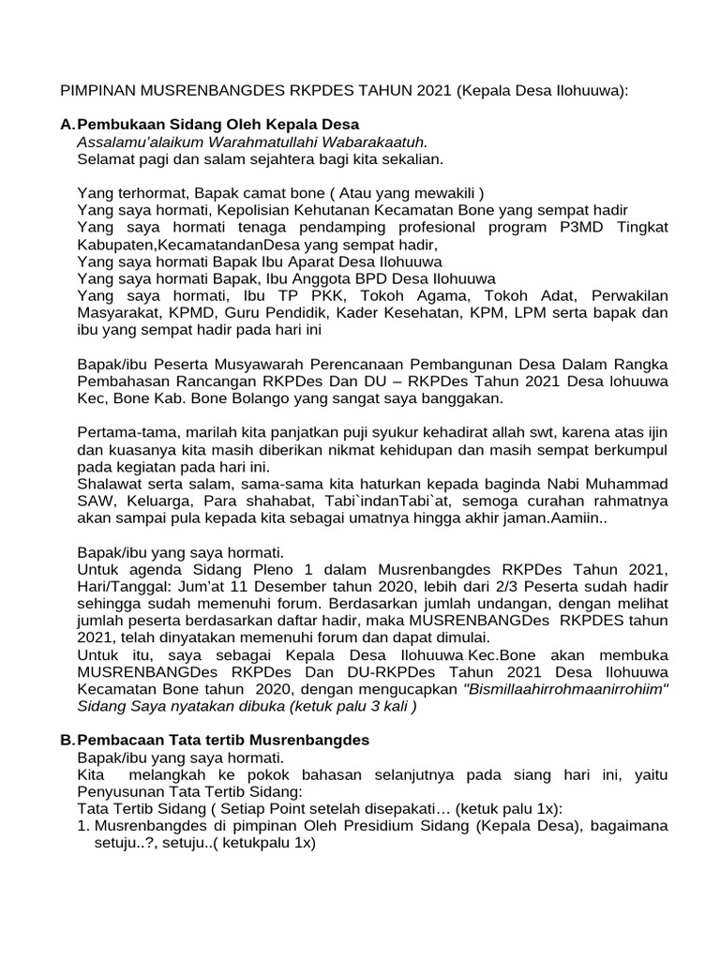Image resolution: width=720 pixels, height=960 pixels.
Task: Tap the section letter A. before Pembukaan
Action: coord(66,125)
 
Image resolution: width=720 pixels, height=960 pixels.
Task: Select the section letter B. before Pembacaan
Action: coord(66,740)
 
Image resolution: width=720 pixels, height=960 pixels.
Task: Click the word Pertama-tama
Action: coord(121,432)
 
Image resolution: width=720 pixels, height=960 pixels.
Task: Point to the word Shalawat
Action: coord(109,484)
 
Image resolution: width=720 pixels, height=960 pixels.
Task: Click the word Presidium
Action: coord(372,825)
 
